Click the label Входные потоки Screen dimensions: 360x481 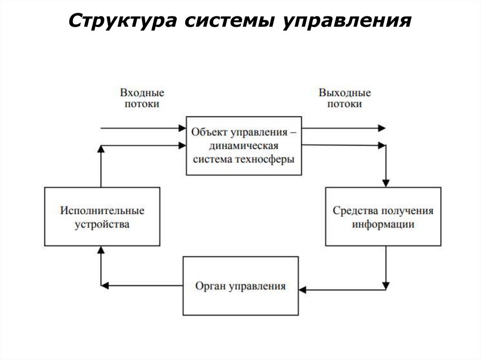click(x=142, y=98)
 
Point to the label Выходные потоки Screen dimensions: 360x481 click(x=344, y=98)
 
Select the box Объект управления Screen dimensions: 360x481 click(x=244, y=146)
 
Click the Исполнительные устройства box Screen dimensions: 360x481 click(x=102, y=216)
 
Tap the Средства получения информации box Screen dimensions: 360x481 click(x=383, y=216)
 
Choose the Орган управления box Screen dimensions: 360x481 click(x=240, y=285)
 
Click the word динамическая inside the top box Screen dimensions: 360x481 click(x=244, y=146)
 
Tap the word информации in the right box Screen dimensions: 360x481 click(x=383, y=224)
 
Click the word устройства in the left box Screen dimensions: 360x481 click(x=102, y=224)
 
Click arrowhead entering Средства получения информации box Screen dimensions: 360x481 click(x=386, y=183)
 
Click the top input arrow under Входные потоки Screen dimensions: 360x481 click(x=141, y=128)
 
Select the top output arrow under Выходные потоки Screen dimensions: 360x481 click(x=343, y=128)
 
